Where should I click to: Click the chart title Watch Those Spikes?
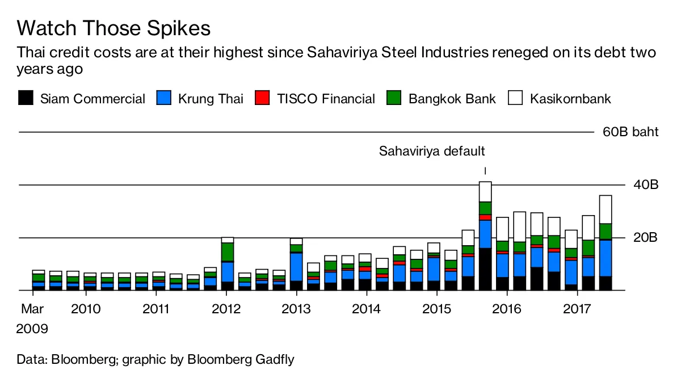[x=114, y=28]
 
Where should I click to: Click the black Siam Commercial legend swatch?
[x=26, y=98]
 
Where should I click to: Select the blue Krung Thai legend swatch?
[x=163, y=98]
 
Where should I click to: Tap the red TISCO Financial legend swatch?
[x=262, y=98]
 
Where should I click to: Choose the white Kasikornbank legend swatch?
[x=515, y=98]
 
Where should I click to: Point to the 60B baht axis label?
[x=630, y=132]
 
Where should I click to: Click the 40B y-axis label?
[x=645, y=185]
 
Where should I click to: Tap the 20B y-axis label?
[x=645, y=238]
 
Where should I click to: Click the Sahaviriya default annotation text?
[x=432, y=152]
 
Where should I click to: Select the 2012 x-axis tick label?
[x=226, y=309]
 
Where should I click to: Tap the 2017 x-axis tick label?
[x=577, y=309]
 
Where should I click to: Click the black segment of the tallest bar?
[x=485, y=269]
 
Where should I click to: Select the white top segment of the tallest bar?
[x=485, y=192]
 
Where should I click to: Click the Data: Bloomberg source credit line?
[x=156, y=359]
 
